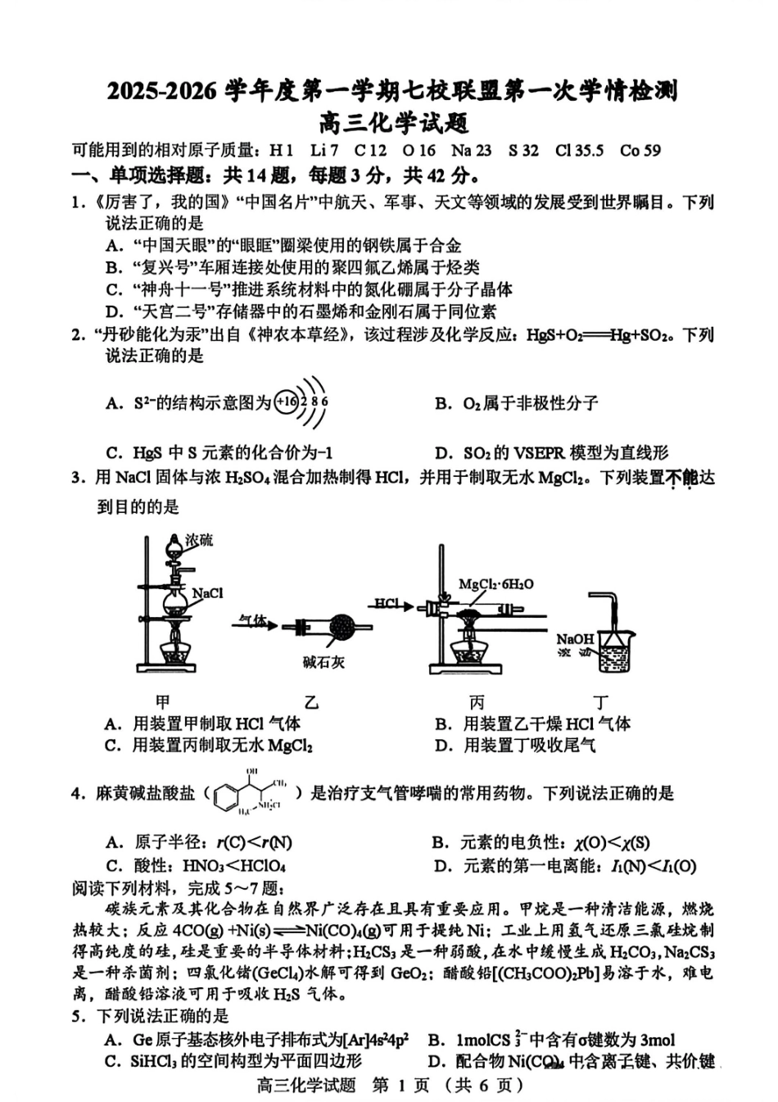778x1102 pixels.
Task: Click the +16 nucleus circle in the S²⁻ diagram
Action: pyautogui.click(x=286, y=402)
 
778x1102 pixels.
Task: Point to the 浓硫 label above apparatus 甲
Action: pyautogui.click(x=199, y=540)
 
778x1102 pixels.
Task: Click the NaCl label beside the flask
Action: pyautogui.click(x=207, y=592)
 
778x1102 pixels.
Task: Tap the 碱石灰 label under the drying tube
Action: pyautogui.click(x=323, y=662)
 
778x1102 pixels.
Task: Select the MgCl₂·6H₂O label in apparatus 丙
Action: pyautogui.click(x=495, y=584)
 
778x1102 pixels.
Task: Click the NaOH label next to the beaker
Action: pyautogui.click(x=575, y=638)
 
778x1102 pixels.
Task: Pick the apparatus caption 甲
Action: pyautogui.click(x=163, y=702)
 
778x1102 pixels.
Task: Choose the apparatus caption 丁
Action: pyautogui.click(x=602, y=702)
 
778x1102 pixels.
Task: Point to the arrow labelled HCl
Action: pyautogui.click(x=391, y=605)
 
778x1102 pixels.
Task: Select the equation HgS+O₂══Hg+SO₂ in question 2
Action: pyautogui.click(x=602, y=335)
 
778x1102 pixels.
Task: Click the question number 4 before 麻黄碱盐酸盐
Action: pyautogui.click(x=77, y=793)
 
